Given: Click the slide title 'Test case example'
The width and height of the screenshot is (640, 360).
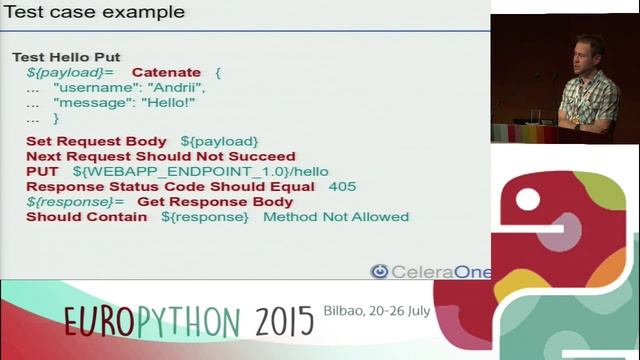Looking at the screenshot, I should pyautogui.click(x=96, y=13).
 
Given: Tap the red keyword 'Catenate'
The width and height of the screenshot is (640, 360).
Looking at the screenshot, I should pyautogui.click(x=166, y=73).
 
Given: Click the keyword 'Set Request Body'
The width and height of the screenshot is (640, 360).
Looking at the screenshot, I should pyautogui.click(x=96, y=141).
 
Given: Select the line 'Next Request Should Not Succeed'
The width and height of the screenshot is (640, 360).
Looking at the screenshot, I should pyautogui.click(x=160, y=156).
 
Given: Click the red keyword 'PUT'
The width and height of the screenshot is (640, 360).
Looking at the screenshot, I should pyautogui.click(x=42, y=171).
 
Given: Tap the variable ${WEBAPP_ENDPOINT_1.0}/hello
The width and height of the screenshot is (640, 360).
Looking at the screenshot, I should pyautogui.click(x=200, y=171).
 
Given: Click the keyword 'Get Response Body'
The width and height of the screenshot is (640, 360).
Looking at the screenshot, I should pyautogui.click(x=215, y=201).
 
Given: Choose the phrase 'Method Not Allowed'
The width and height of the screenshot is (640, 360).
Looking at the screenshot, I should pyautogui.click(x=336, y=216).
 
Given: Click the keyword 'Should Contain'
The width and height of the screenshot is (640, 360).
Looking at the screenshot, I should pyautogui.click(x=87, y=216).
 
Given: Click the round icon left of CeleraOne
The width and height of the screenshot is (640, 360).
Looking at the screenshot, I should pyautogui.click(x=379, y=271).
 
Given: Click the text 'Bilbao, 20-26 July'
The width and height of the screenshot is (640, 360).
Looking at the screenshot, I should pyautogui.click(x=376, y=310).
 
